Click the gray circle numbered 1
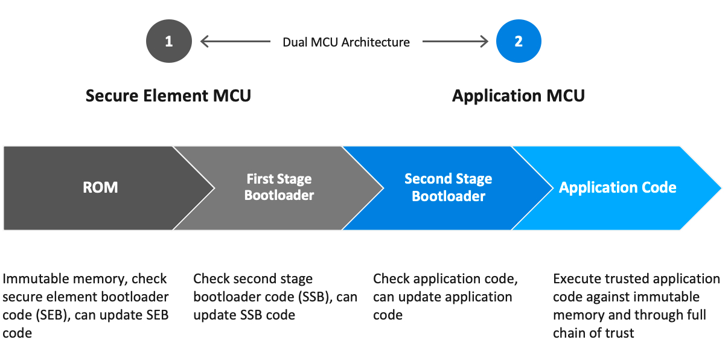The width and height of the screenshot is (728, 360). click(x=168, y=41)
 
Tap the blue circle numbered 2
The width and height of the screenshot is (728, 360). click(x=519, y=41)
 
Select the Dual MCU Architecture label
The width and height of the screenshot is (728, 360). click(x=346, y=42)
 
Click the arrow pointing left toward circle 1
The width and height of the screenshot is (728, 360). click(x=235, y=41)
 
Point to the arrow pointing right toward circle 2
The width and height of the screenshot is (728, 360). click(x=455, y=41)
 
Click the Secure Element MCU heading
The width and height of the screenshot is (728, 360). click(x=168, y=95)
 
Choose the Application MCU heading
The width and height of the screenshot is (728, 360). click(x=519, y=96)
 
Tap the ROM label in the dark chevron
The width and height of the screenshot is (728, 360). click(x=100, y=187)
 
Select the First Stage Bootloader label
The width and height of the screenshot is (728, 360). click(x=279, y=187)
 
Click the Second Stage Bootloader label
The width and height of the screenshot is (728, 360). click(x=448, y=187)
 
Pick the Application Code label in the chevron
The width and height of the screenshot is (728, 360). click(x=618, y=187)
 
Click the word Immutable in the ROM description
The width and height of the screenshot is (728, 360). click(x=36, y=278)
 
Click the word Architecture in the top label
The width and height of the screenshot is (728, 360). click(x=375, y=42)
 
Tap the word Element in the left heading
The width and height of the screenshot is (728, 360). click(x=176, y=95)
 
